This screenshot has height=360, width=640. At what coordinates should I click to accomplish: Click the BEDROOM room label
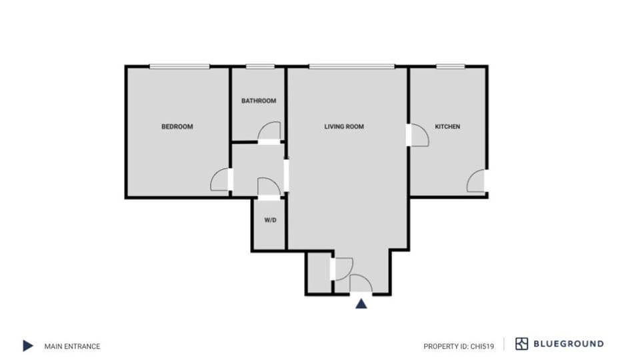pos(177,127)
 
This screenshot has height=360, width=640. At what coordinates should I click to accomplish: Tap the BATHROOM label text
pos(259,101)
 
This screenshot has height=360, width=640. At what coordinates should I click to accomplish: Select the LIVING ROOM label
pos(344,127)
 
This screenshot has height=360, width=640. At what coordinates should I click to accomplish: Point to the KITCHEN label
pos(447,127)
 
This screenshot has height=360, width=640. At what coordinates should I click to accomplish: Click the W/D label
pos(270,220)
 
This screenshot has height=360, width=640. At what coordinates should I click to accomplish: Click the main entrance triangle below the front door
pos(361,304)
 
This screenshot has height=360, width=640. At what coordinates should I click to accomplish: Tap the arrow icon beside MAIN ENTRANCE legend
pos(27,345)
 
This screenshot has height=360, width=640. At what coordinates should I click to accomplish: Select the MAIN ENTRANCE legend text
pos(72,346)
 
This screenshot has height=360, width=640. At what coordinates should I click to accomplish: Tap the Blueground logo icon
pos(522,344)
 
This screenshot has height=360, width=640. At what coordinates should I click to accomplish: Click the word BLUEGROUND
pos(569,344)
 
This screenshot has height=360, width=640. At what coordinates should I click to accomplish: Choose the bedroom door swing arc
pos(220,181)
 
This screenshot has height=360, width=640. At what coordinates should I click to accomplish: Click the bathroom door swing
pos(269,131)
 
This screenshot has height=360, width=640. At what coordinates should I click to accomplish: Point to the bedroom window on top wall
pos(179,66)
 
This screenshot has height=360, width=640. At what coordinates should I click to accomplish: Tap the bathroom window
pos(260,66)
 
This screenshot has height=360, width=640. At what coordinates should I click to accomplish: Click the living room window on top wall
pos(351,66)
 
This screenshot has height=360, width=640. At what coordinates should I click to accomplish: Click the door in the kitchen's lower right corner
pos(476,181)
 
